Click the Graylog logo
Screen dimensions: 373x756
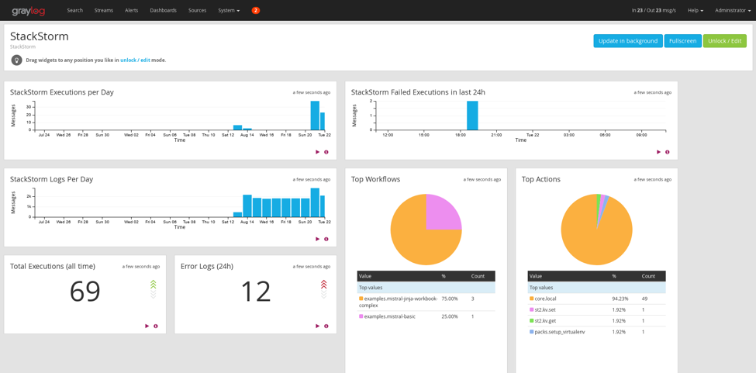(x=28, y=11)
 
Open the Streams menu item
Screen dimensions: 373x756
(x=103, y=10)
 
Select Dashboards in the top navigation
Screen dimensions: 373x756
(x=163, y=10)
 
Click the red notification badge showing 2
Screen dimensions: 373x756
(x=255, y=10)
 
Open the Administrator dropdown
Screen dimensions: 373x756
(x=732, y=10)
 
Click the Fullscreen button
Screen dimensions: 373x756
(x=682, y=41)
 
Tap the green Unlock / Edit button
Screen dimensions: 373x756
(x=724, y=41)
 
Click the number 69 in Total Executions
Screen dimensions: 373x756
(x=85, y=292)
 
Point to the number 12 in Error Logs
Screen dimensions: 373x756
(x=255, y=292)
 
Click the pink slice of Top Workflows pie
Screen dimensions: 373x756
(x=443, y=212)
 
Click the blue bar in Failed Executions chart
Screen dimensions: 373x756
(x=472, y=116)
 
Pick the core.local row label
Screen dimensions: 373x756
(x=545, y=299)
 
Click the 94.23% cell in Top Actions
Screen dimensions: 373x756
(x=620, y=299)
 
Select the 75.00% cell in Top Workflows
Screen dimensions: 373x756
(x=449, y=299)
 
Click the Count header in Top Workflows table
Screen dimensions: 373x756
(x=478, y=276)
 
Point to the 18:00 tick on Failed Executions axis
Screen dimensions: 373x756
(x=460, y=135)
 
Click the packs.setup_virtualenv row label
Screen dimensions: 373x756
(x=559, y=332)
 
